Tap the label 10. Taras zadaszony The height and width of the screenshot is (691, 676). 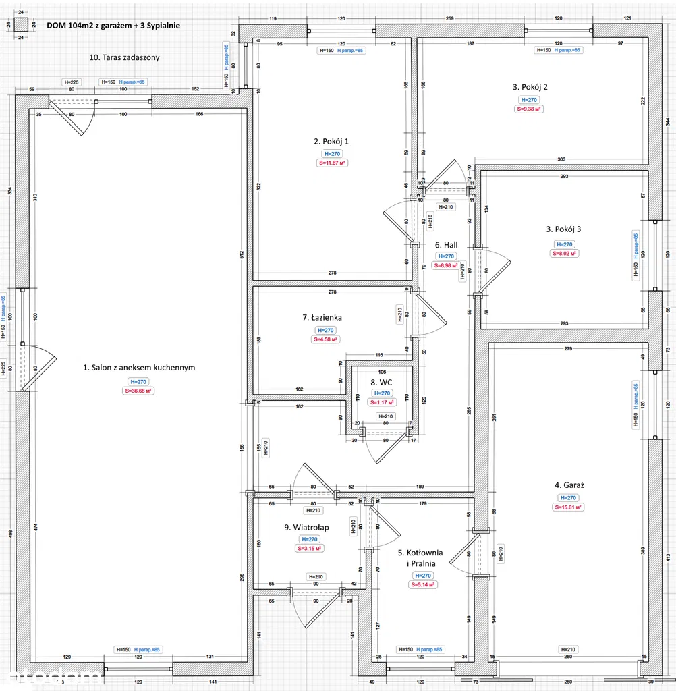pyautogui.click(x=125, y=57)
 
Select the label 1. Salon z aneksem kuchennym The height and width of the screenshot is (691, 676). pyautogui.click(x=139, y=368)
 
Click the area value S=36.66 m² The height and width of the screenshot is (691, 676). pyautogui.click(x=138, y=391)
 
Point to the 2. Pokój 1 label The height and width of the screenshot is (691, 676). pyautogui.click(x=331, y=142)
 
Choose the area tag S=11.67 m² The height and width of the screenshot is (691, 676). pyautogui.click(x=331, y=163)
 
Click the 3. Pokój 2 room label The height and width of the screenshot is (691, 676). pyautogui.click(x=530, y=86)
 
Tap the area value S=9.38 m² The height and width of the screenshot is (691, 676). pyautogui.click(x=530, y=109)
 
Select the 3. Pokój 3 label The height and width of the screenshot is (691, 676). pyautogui.click(x=563, y=229)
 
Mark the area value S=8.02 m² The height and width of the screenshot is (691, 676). pyautogui.click(x=563, y=253)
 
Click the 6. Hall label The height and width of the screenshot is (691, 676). pyautogui.click(x=447, y=245)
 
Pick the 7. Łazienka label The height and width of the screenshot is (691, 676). pyautogui.click(x=322, y=317)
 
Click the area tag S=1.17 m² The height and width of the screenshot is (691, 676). pyautogui.click(x=382, y=402)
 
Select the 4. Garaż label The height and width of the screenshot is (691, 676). pyautogui.click(x=569, y=485)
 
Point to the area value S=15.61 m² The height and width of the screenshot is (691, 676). pyautogui.click(x=569, y=507)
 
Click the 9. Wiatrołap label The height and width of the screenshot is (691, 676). pyautogui.click(x=306, y=527)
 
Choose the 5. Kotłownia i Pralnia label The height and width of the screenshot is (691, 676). pyautogui.click(x=422, y=557)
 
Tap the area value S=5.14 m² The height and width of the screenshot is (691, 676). pyautogui.click(x=422, y=584)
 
